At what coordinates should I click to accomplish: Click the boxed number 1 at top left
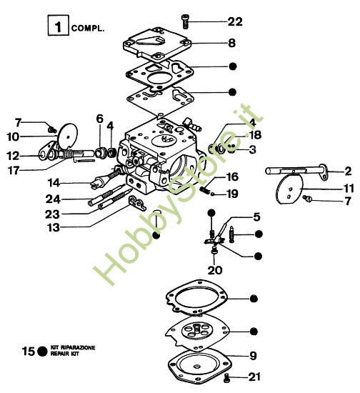57,29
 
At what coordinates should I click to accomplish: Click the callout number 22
235,21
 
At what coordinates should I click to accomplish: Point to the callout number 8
232,43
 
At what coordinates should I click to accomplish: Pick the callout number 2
347,171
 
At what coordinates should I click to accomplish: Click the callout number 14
54,182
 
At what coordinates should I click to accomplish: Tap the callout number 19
232,194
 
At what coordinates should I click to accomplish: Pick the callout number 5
256,216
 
